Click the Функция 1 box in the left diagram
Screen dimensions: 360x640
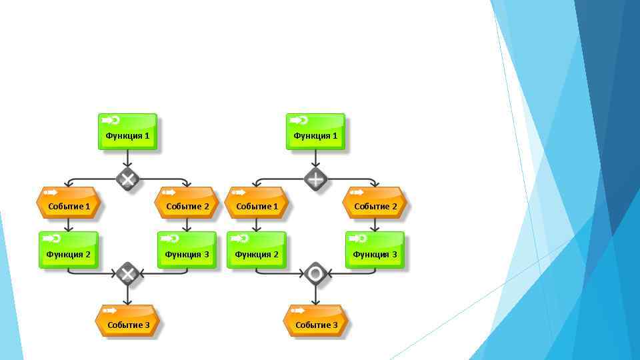[x=127, y=131]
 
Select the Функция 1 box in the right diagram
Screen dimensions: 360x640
[x=315, y=131]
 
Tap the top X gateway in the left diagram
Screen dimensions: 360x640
[x=127, y=179]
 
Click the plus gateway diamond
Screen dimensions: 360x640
[x=315, y=179]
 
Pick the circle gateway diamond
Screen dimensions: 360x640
[x=315, y=273]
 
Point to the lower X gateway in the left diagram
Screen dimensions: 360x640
[x=127, y=273]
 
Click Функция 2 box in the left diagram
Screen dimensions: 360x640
[x=69, y=250]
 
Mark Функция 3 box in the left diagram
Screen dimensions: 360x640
[x=187, y=250]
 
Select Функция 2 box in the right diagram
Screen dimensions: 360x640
[x=257, y=250]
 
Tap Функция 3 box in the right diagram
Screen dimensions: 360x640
[x=375, y=250]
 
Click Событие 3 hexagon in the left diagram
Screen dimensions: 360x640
[x=127, y=321]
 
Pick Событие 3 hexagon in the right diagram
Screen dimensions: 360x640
[x=315, y=321]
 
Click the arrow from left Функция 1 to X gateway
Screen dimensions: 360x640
[x=127, y=159]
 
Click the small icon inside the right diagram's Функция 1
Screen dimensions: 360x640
[x=299, y=121]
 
